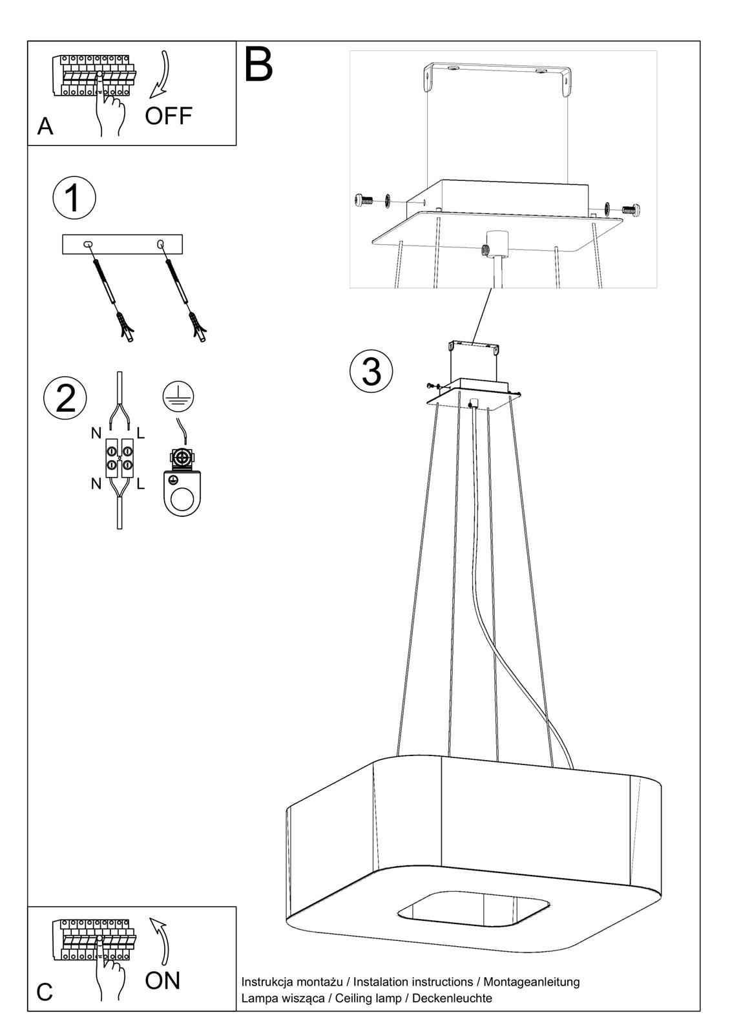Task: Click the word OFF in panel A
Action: pyautogui.click(x=168, y=116)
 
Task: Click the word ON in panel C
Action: pyautogui.click(x=162, y=980)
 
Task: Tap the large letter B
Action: pyautogui.click(x=258, y=64)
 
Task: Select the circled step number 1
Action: pyautogui.click(x=74, y=198)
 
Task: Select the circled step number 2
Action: pyautogui.click(x=65, y=397)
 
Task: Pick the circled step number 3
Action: pyautogui.click(x=371, y=371)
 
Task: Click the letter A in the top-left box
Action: pyautogui.click(x=45, y=127)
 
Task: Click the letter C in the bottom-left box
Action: pyautogui.click(x=45, y=992)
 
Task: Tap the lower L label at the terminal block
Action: pyautogui.click(x=141, y=483)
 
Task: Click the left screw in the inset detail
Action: pyautogui.click(x=362, y=201)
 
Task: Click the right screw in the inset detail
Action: pyautogui.click(x=629, y=209)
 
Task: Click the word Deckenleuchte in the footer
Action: pyautogui.click(x=452, y=998)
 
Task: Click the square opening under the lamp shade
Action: pyautogui.click(x=474, y=911)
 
